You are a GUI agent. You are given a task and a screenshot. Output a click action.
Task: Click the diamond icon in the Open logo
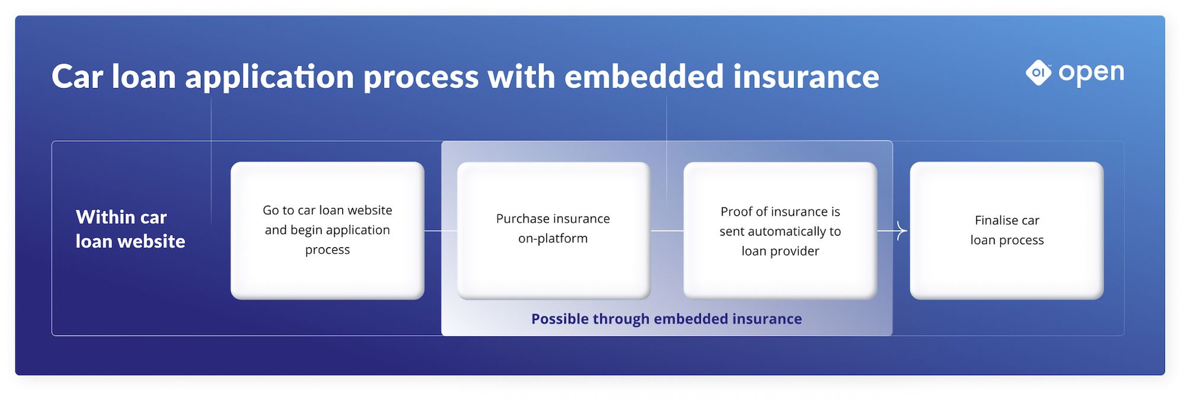[x=1038, y=73]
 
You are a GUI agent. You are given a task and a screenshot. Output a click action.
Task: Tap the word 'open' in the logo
[x=1091, y=73]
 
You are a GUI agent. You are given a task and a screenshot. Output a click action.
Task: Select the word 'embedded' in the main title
[x=644, y=77]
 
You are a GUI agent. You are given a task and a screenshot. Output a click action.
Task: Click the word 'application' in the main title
[x=269, y=77]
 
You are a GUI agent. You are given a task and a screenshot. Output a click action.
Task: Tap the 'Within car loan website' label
[x=130, y=229]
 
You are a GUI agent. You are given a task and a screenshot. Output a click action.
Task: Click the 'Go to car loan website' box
[x=327, y=230]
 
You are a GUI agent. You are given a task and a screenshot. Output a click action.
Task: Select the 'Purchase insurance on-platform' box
[x=553, y=230]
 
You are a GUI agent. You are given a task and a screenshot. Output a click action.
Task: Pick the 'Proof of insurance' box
[x=780, y=230]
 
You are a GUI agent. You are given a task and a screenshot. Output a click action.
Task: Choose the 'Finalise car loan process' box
[x=1006, y=230]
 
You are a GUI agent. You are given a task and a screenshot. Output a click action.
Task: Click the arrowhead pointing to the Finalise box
[x=902, y=230]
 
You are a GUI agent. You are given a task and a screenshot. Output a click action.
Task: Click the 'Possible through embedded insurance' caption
[x=667, y=319]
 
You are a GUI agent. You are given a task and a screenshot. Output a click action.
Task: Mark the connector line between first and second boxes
[x=441, y=230]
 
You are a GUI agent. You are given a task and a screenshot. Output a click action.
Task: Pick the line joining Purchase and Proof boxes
[x=667, y=230]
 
